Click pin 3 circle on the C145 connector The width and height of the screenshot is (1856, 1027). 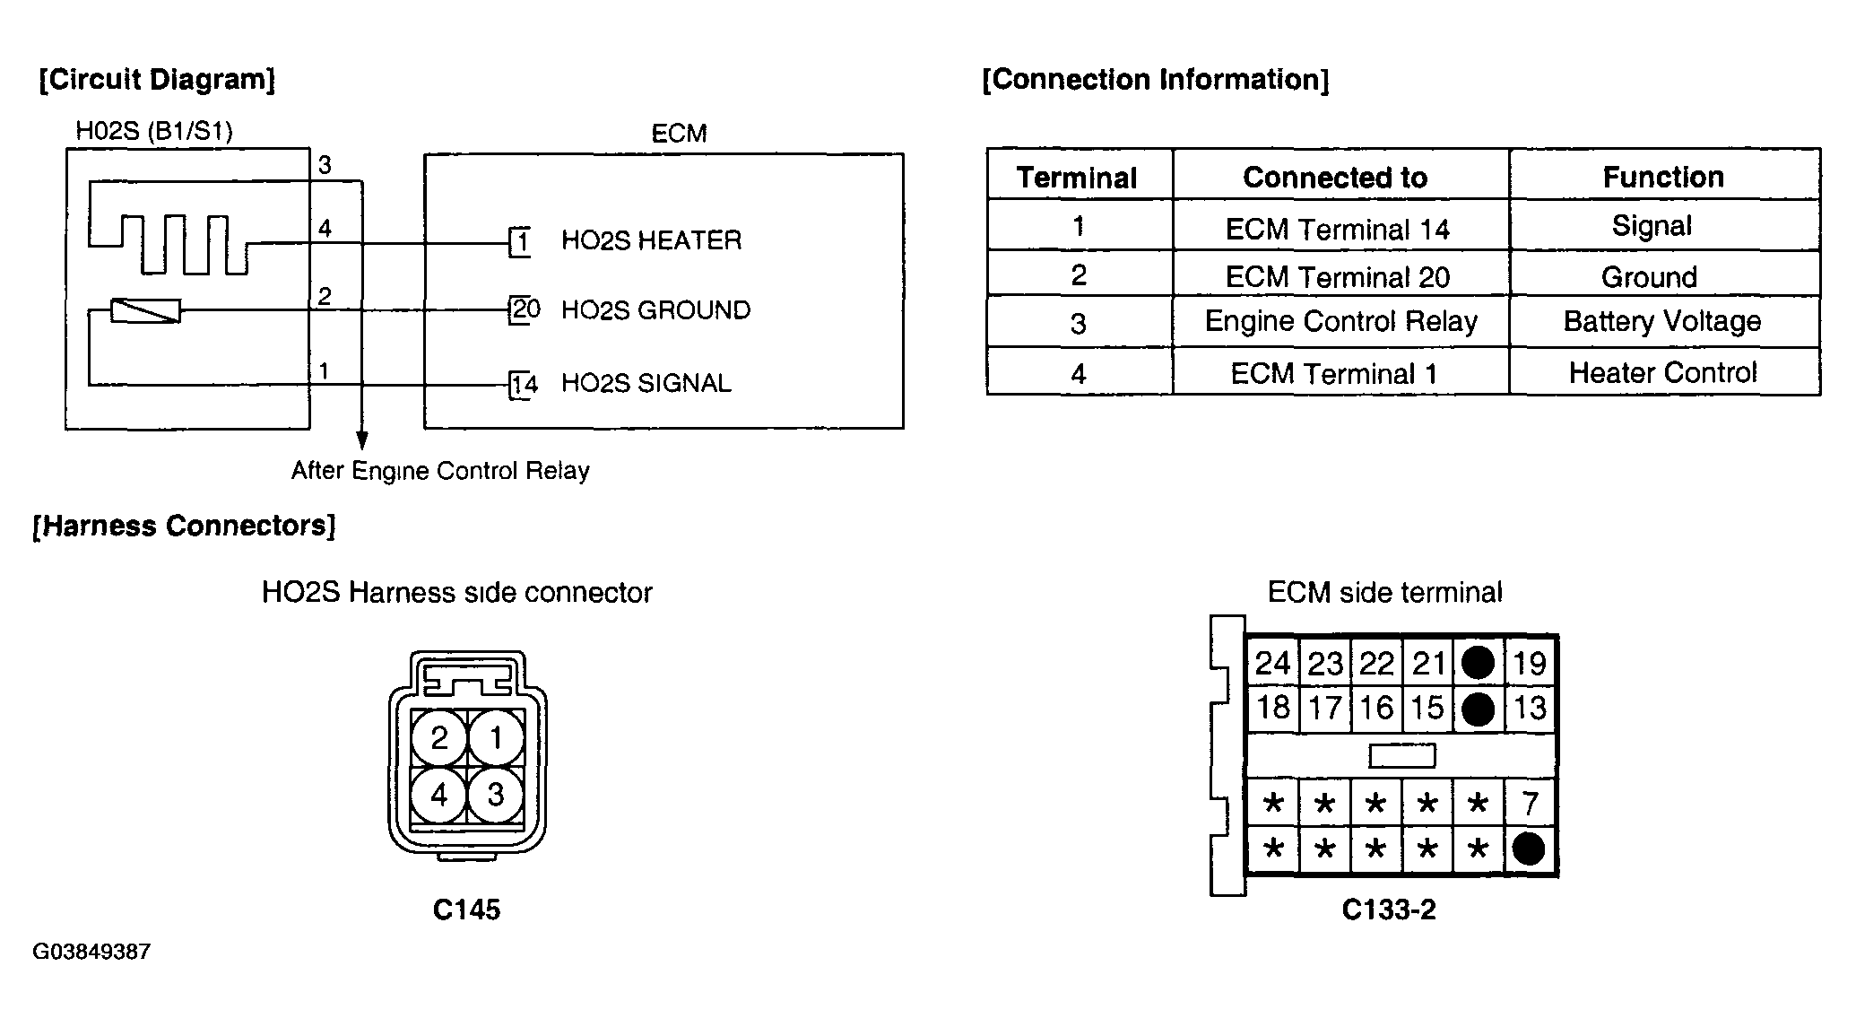click(x=496, y=795)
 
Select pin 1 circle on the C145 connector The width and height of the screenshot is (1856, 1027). click(x=496, y=738)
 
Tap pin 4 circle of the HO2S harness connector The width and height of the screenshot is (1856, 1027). click(x=438, y=795)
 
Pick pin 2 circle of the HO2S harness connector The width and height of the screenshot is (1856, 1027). click(x=438, y=738)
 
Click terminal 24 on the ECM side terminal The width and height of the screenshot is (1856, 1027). click(x=1272, y=664)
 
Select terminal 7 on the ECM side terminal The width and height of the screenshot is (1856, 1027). click(x=1530, y=803)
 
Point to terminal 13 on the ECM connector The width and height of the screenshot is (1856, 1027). click(x=1530, y=709)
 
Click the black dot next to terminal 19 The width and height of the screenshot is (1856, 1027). click(x=1478, y=664)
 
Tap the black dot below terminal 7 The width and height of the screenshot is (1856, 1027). click(x=1529, y=849)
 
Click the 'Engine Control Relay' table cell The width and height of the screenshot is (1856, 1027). click(x=1340, y=322)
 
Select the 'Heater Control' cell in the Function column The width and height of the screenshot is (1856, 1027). click(x=1662, y=372)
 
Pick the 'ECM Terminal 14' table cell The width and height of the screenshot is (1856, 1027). click(x=1337, y=230)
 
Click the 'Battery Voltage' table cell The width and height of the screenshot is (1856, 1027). click(x=1662, y=322)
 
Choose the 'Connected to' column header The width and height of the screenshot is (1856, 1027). click(x=1335, y=178)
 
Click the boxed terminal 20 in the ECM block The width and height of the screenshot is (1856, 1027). click(x=524, y=310)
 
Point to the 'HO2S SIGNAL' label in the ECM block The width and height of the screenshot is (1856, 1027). click(x=646, y=384)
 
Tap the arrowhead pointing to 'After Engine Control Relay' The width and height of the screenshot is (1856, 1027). click(x=361, y=440)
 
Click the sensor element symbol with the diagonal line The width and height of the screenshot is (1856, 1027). click(x=145, y=310)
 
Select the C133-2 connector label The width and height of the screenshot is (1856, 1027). click(x=1389, y=910)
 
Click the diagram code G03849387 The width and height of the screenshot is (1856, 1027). click(x=91, y=952)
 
